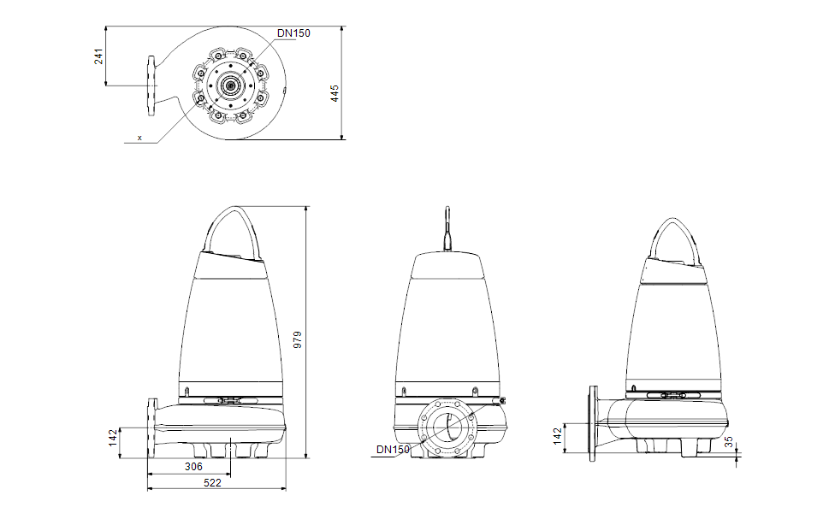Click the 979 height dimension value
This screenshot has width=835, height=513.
pyautogui.click(x=298, y=339)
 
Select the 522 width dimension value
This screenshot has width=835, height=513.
pyautogui.click(x=212, y=483)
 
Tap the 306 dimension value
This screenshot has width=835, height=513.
pyautogui.click(x=194, y=467)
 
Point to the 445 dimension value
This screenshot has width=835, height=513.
pyautogui.click(x=335, y=93)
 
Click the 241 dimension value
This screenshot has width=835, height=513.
pyautogui.click(x=98, y=56)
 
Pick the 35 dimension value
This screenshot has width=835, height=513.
pyautogui.click(x=729, y=442)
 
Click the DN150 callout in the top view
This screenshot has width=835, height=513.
pyautogui.click(x=293, y=33)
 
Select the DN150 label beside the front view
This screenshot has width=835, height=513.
pyautogui.click(x=393, y=450)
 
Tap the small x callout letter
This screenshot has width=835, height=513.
pyautogui.click(x=140, y=138)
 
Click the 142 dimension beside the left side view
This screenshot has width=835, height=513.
pyautogui.click(x=113, y=438)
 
